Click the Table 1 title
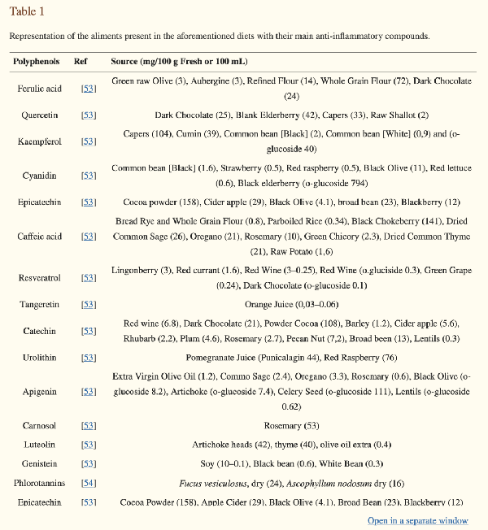point(27,11)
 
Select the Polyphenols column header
point(37,62)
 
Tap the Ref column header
point(81,62)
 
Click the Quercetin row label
point(38,115)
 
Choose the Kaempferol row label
point(38,141)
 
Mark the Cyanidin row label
point(38,175)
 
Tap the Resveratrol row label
point(38,277)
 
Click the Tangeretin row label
point(38,305)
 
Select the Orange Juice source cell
point(290,305)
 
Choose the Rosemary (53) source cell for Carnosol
point(290,425)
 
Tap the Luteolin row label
point(38,445)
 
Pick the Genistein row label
point(38,464)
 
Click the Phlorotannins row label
point(38,484)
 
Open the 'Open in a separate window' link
point(417,520)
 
